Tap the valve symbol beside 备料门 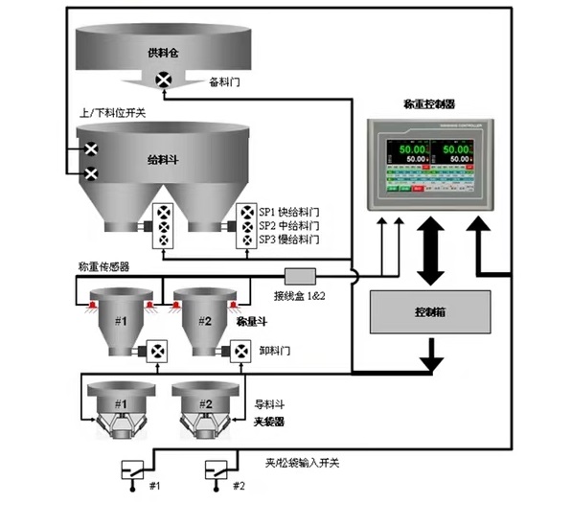click(165, 82)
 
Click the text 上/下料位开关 click(112, 112)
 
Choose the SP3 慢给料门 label click(291, 239)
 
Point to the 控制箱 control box click(428, 313)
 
